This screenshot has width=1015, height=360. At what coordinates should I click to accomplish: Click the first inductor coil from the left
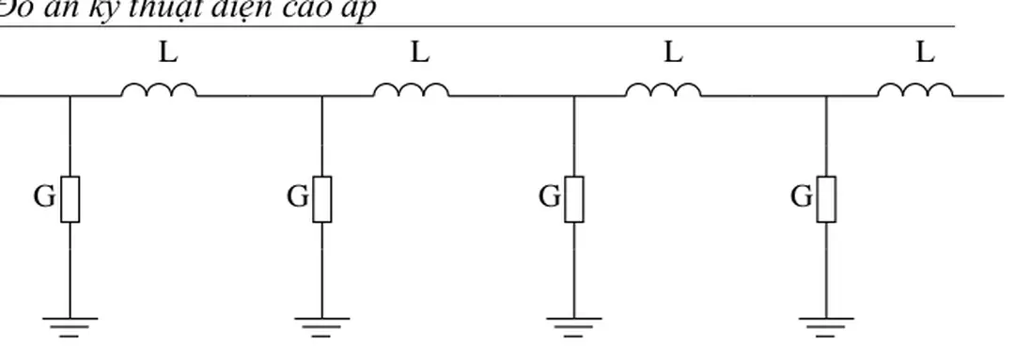pyautogui.click(x=159, y=90)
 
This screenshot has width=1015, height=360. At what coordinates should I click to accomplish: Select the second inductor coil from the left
pyautogui.click(x=412, y=90)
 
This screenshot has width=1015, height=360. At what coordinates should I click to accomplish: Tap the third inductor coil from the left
pyautogui.click(x=664, y=90)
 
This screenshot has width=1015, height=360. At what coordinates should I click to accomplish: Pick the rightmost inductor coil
pyautogui.click(x=915, y=90)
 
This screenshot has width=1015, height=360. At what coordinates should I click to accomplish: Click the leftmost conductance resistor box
pyautogui.click(x=70, y=198)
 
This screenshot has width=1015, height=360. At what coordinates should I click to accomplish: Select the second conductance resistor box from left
pyautogui.click(x=322, y=198)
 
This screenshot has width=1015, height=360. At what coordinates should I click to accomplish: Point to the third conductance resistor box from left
pyautogui.click(x=574, y=198)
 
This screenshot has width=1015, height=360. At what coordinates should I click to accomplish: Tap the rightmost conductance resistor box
pyautogui.click(x=826, y=198)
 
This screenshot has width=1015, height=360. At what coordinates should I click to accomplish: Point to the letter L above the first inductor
pyautogui.click(x=166, y=54)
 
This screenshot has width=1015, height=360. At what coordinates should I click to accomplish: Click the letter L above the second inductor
pyautogui.click(x=419, y=54)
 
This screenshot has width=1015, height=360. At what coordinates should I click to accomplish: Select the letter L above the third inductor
pyautogui.click(x=672, y=54)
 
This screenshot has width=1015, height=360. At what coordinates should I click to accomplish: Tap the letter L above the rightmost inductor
pyautogui.click(x=925, y=54)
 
